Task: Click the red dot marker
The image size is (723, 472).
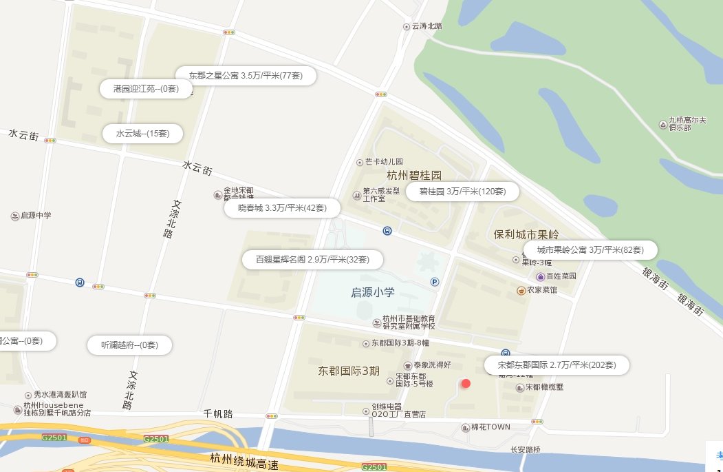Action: (466, 384)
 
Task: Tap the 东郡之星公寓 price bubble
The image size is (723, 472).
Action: (246, 75)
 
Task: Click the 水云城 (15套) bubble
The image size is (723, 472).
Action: (142, 133)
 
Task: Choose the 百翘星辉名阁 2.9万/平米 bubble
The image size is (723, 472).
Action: (312, 260)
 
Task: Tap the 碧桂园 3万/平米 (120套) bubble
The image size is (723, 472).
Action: (462, 192)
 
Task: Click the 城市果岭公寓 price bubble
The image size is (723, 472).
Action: (590, 249)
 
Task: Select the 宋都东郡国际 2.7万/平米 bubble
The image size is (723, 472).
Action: (557, 365)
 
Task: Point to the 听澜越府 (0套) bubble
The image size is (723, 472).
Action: (129, 345)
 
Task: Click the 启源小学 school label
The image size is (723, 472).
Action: (372, 293)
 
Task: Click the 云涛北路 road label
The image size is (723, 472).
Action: (426, 26)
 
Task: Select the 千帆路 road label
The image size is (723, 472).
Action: (218, 413)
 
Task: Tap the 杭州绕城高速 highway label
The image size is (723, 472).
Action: (244, 460)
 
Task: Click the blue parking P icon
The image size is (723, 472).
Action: (435, 281)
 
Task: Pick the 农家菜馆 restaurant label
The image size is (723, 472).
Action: (541, 290)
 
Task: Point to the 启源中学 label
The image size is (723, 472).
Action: (36, 216)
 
